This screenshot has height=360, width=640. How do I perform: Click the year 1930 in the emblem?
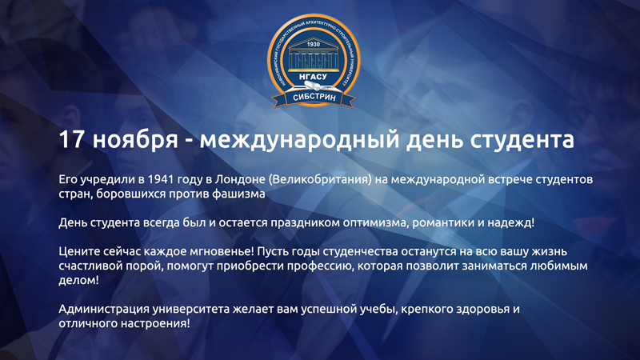click(313, 44)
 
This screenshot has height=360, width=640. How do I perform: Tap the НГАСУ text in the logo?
click(313, 77)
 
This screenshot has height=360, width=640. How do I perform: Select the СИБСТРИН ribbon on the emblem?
click(314, 98)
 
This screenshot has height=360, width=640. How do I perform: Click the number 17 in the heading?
click(71, 139)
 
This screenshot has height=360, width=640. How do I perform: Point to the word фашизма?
click(238, 194)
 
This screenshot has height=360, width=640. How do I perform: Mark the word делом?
click(78, 281)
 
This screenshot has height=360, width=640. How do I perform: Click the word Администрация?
click(104, 309)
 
